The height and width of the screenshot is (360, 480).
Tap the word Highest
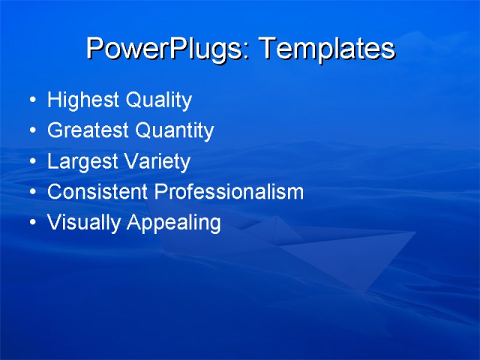pos(78,100)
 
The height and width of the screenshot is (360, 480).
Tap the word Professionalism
pos(229,192)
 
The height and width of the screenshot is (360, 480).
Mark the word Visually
pos(79,223)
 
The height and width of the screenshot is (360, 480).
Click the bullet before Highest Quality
pos(31,100)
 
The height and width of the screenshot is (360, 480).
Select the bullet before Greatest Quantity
pos(31,131)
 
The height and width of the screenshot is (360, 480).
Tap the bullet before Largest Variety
pos(31,162)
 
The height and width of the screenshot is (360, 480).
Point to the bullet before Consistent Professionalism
pos(31,193)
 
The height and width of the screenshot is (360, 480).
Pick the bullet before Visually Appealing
pos(31,223)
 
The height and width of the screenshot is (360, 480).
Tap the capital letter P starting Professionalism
pos(160,192)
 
